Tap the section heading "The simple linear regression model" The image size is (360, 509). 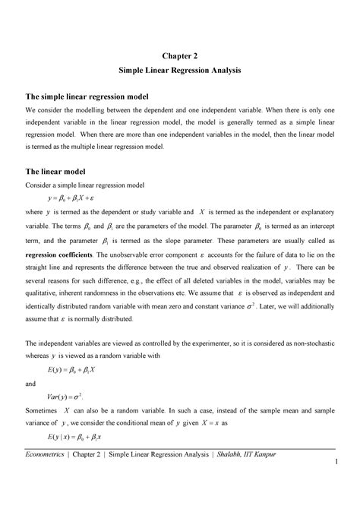(87, 98)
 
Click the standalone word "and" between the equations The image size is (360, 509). (32, 384)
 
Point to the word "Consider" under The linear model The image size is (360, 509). (39, 185)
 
